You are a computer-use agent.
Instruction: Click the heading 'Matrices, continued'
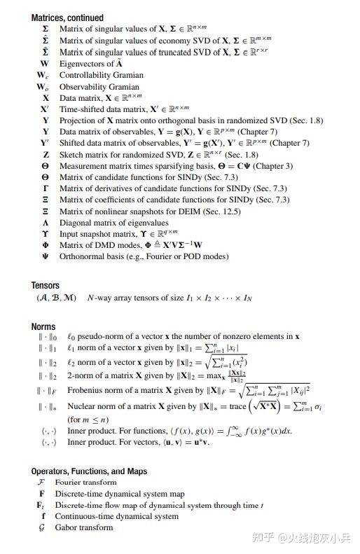(x=67, y=18)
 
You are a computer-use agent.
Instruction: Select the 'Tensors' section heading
(x=46, y=286)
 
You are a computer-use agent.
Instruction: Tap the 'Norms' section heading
(x=43, y=326)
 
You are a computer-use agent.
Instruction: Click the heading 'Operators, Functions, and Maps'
(x=89, y=471)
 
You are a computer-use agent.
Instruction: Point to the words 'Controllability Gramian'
(x=101, y=75)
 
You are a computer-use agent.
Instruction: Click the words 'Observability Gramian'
(x=99, y=87)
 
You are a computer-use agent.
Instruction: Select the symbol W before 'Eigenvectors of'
(x=45, y=64)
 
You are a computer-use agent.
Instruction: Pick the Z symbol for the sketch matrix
(x=46, y=155)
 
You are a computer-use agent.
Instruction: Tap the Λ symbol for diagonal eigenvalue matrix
(x=46, y=223)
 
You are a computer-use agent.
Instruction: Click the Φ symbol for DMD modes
(x=46, y=246)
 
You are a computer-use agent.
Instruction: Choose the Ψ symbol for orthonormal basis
(x=46, y=257)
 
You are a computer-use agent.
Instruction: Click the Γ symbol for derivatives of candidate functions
(x=46, y=189)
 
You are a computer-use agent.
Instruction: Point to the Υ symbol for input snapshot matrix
(x=46, y=235)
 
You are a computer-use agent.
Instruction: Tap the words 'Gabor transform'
(x=84, y=527)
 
